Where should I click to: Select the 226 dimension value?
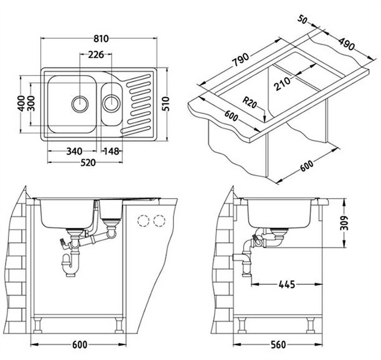coord(96,55)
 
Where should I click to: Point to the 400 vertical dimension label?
coord(21,103)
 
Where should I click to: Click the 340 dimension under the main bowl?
coord(74,151)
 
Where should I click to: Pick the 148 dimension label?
coord(111,151)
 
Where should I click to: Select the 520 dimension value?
coord(88,163)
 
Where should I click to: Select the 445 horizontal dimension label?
coord(287,284)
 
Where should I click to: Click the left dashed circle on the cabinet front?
coord(143,221)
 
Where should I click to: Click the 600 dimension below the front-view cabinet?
coord(79,345)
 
